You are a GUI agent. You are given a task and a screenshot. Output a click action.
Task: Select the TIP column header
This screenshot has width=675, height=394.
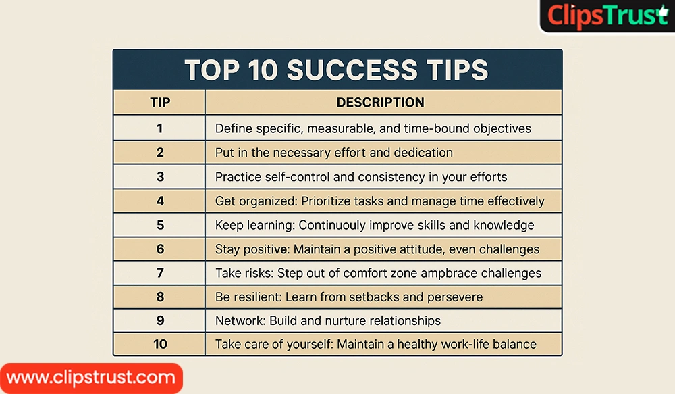pos(160,103)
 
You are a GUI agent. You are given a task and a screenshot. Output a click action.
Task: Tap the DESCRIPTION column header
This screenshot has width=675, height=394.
pos(381,103)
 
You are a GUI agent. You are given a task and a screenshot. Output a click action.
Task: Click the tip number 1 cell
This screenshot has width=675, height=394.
pos(160,128)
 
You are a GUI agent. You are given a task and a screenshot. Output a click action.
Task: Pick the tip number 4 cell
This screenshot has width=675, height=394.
pos(160,201)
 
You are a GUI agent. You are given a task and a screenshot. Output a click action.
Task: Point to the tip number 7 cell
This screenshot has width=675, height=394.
pos(160,273)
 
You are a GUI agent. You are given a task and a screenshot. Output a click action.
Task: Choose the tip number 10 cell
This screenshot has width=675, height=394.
pos(160,344)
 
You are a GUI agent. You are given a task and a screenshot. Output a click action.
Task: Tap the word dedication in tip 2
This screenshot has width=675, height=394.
pos(418,152)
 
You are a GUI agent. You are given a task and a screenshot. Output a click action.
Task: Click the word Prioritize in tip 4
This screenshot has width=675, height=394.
pos(331,201)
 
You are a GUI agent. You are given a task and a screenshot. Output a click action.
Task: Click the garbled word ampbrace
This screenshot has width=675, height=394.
pos(457,273)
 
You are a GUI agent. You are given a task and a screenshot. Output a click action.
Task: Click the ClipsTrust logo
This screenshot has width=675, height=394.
pos(607,16)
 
